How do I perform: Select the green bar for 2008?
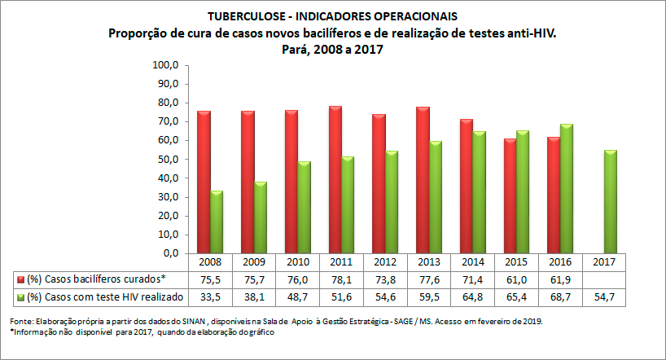tap(217, 222)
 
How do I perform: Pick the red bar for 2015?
tap(510, 195)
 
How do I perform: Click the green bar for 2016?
tap(567, 188)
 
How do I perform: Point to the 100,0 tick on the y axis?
tap(165, 65)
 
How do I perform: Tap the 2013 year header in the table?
tap(430, 262)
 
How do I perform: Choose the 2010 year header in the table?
tap(298, 262)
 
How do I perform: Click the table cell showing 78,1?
tap(342, 279)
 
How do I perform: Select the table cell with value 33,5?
tap(210, 297)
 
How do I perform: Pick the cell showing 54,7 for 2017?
tap(605, 297)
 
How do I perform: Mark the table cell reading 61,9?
tap(561, 279)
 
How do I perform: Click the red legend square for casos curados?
tap(20, 279)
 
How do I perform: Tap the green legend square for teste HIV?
tap(20, 297)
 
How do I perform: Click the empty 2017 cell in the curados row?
tap(605, 279)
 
